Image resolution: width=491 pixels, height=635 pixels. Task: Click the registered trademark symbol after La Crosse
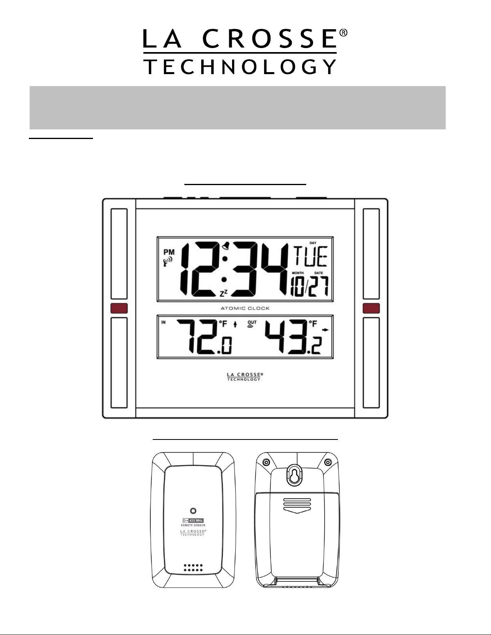[343, 33]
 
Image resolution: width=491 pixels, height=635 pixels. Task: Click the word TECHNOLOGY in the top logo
[240, 67]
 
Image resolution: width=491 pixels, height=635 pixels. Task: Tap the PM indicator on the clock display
[169, 252]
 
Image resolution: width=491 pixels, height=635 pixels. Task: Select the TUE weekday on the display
[311, 256]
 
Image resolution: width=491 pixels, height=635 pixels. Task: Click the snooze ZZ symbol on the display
[224, 293]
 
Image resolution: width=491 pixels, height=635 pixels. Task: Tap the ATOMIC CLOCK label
[245, 308]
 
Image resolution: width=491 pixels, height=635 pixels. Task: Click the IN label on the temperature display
[163, 323]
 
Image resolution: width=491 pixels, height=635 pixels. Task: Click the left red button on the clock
[119, 308]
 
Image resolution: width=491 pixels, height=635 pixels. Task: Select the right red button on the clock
[371, 308]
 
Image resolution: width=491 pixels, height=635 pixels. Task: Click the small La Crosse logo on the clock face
[244, 377]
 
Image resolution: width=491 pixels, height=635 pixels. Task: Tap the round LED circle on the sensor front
[193, 511]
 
